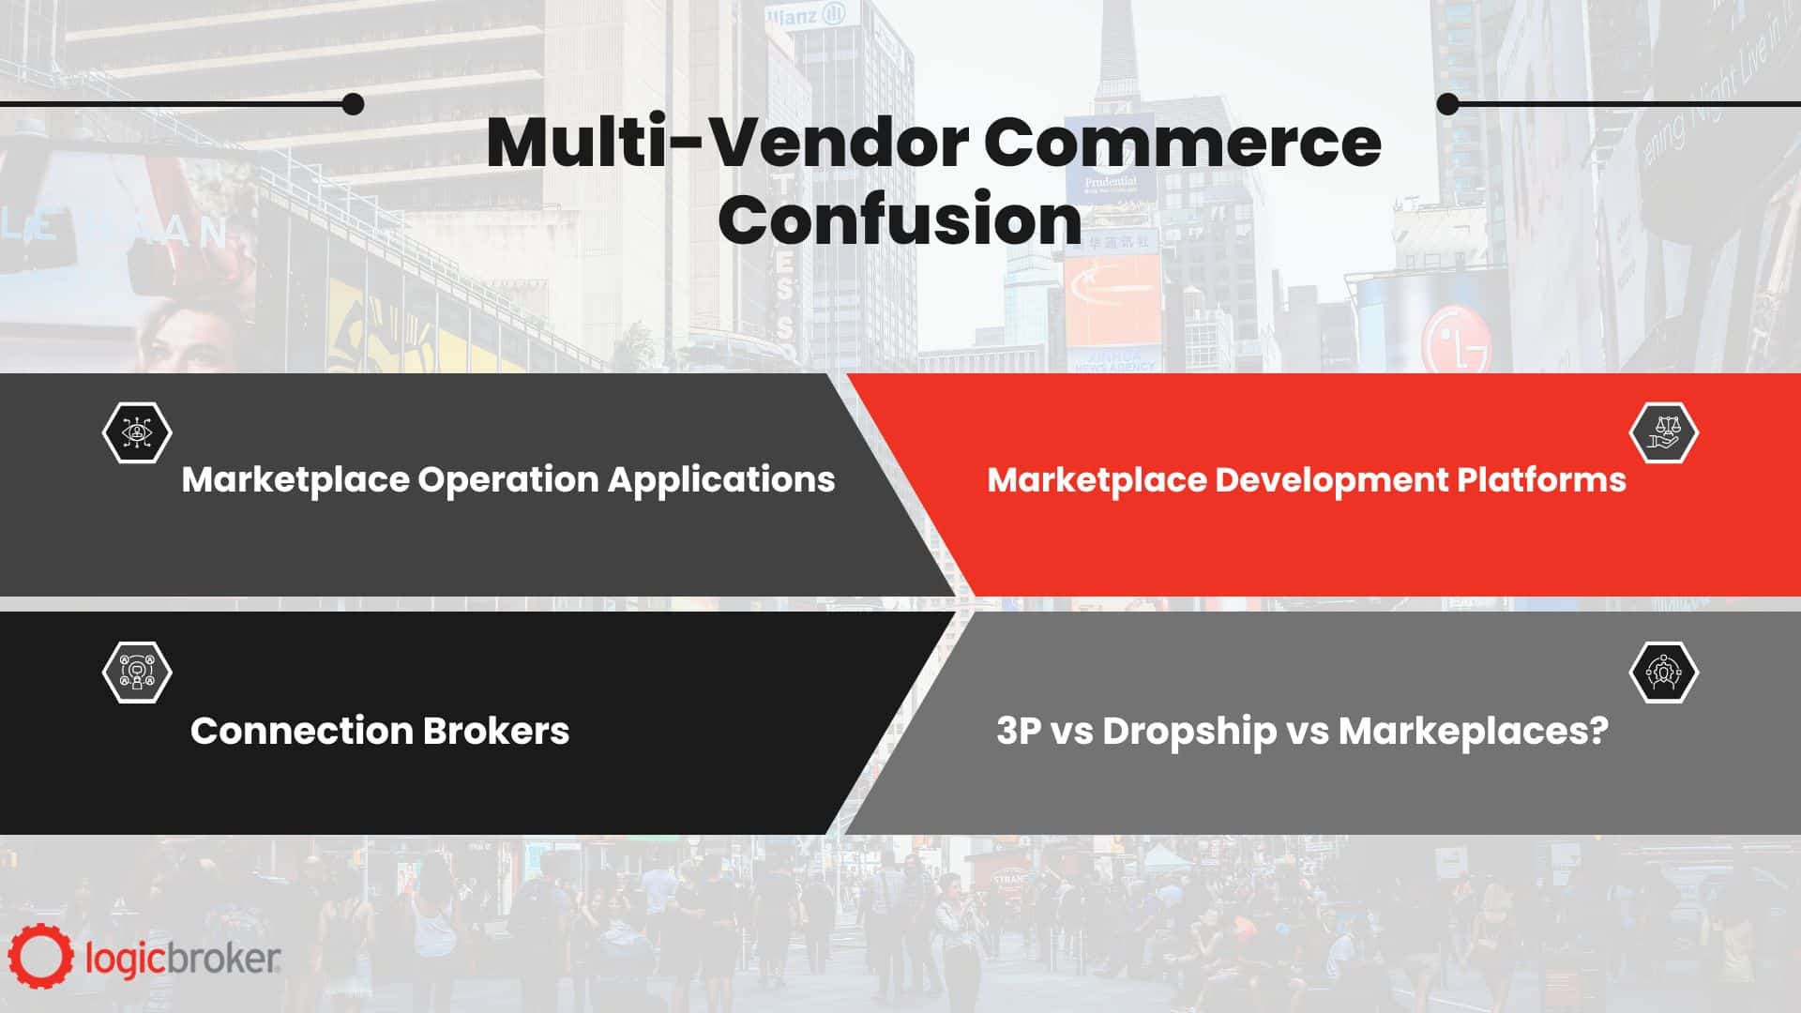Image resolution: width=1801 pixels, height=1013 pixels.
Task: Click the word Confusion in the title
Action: pos(900,219)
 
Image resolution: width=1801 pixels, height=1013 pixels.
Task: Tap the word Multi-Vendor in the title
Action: pos(728,143)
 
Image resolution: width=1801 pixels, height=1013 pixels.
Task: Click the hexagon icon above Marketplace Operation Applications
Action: pos(137,432)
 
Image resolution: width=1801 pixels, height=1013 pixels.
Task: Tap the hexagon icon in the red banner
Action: pos(1664,432)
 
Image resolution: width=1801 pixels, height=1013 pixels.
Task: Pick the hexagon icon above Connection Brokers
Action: pos(137,672)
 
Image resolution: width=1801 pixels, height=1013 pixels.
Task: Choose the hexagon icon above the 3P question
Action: pos(1664,672)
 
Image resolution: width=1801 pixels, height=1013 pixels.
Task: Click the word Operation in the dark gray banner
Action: pos(507,480)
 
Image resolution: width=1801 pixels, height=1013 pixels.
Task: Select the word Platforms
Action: pos(1541,479)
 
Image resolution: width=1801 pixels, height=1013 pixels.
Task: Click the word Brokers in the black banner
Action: pos(495,731)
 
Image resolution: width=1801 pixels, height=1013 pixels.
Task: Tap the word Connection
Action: pos(301,731)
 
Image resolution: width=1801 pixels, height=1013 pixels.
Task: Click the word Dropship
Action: pos(1188,732)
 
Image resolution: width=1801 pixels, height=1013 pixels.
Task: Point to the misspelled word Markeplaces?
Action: pos(1473,732)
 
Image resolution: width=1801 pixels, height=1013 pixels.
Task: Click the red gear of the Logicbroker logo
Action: pos(40,957)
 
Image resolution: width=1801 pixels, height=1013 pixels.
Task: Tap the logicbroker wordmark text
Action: pos(183,959)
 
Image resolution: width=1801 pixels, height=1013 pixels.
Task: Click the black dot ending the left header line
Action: pos(353,104)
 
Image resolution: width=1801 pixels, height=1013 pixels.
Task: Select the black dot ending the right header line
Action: pos(1448,104)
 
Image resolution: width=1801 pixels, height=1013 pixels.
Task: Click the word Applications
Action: pos(721,480)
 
